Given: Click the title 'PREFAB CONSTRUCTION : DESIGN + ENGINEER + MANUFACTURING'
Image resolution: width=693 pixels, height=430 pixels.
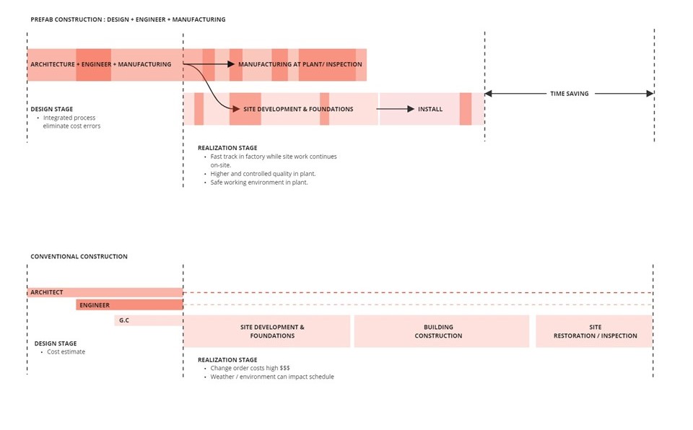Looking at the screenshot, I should pyautogui.click(x=128, y=19).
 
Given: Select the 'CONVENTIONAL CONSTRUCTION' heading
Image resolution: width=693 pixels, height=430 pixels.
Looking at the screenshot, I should pyautogui.click(x=79, y=256).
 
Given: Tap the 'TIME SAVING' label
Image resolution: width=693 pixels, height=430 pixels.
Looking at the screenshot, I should pyautogui.click(x=569, y=94).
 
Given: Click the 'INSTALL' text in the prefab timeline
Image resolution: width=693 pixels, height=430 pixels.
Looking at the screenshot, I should pyautogui.click(x=430, y=109).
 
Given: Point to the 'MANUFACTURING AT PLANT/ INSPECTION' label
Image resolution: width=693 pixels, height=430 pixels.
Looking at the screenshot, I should pyautogui.click(x=300, y=64).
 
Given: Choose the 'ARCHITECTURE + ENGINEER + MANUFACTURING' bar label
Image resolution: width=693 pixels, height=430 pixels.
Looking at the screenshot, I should pyautogui.click(x=100, y=64).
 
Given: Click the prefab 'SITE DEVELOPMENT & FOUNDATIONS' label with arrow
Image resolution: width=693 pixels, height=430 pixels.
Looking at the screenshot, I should pyautogui.click(x=298, y=109).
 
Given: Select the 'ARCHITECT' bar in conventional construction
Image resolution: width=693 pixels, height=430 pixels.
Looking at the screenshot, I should pyautogui.click(x=105, y=292).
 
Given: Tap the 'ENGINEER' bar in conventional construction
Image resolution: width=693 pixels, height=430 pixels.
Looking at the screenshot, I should pyautogui.click(x=129, y=305).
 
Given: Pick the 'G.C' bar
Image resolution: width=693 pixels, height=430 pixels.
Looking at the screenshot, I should pyautogui.click(x=148, y=320).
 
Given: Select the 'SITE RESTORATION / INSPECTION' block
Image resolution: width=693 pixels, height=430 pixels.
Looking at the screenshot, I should pyautogui.click(x=595, y=331).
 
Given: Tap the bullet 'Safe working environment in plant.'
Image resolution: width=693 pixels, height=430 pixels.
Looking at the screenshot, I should pyautogui.click(x=259, y=183).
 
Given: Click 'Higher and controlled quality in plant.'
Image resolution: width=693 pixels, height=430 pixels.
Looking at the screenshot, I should pyautogui.click(x=263, y=174).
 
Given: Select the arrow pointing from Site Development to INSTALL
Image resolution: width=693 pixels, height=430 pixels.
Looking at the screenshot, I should pyautogui.click(x=396, y=109).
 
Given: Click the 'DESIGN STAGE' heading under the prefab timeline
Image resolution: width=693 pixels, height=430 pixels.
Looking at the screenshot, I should pyautogui.click(x=51, y=109).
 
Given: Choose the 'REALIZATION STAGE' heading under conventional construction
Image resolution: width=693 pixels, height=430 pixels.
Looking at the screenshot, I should pyautogui.click(x=227, y=359).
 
